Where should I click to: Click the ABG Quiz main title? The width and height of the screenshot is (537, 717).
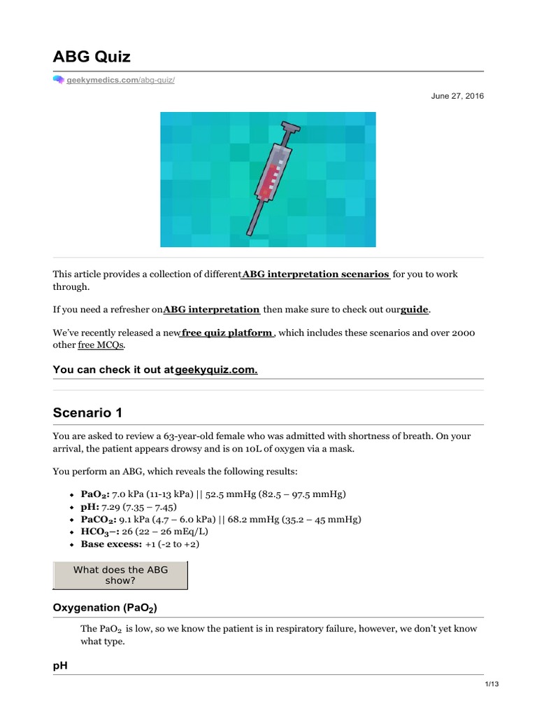(x=92, y=56)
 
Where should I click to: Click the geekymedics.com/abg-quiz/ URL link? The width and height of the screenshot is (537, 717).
(x=120, y=81)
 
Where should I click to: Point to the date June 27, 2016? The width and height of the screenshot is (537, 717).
(x=457, y=96)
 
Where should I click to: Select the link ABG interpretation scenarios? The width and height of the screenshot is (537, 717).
(x=315, y=274)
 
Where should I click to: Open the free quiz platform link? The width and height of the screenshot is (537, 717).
(x=227, y=333)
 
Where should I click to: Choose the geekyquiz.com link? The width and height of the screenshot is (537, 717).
(x=216, y=369)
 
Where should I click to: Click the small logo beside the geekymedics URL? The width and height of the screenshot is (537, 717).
(x=59, y=81)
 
